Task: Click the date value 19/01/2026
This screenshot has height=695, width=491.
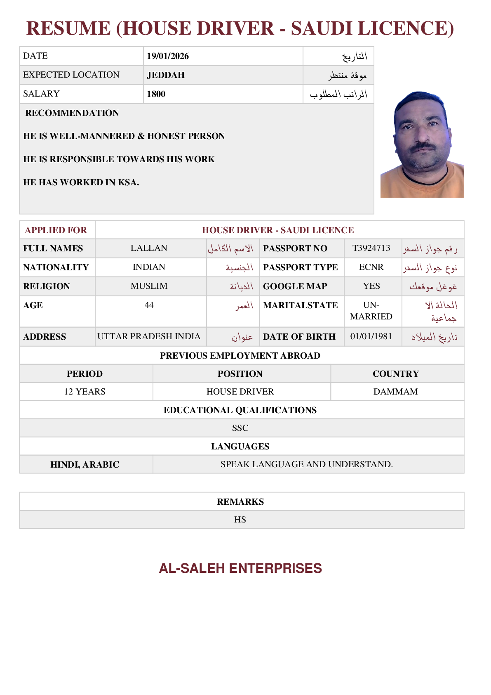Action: [x=168, y=56]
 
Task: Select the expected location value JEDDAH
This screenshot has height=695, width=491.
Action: [x=166, y=75]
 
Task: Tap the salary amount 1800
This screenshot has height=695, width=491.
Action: [x=156, y=94]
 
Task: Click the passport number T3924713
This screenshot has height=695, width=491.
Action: [x=371, y=248]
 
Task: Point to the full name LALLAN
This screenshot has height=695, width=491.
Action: [x=149, y=248]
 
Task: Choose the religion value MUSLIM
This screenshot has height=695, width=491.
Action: [x=149, y=286]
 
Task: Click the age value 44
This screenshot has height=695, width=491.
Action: [x=149, y=305]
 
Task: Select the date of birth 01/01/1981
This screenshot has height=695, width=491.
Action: [x=371, y=336]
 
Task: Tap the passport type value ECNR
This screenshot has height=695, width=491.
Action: [x=371, y=267]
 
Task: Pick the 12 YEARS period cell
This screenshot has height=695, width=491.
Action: [x=85, y=392]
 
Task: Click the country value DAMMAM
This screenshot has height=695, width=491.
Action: [x=395, y=392]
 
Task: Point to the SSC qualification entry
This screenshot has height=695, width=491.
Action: [x=240, y=428]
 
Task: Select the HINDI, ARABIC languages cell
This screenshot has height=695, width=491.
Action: [x=85, y=465]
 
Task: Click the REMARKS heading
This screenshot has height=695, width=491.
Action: [x=240, y=502]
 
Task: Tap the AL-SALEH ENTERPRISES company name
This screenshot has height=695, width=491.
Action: [x=240, y=568]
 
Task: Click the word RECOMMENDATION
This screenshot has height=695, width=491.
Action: [x=72, y=113]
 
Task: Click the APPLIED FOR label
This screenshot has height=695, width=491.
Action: [x=56, y=230]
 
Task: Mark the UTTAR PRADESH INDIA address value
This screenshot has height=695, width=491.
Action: [x=149, y=336]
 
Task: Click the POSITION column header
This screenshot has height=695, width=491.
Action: [x=240, y=374]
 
